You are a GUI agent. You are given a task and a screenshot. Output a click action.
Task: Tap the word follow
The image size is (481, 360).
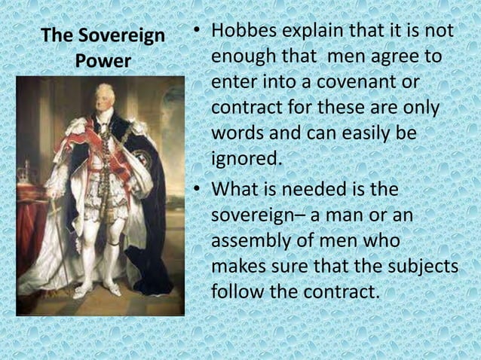tap(237, 291)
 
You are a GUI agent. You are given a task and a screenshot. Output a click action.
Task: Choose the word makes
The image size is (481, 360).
tap(240, 266)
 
